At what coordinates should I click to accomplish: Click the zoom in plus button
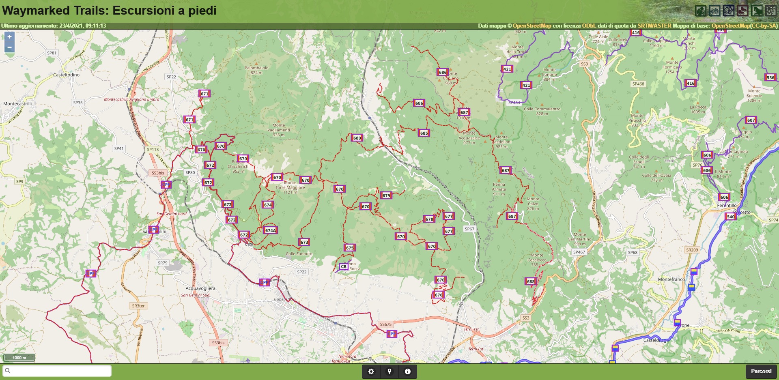pos(9,36)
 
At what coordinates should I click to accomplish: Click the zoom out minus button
pos(9,47)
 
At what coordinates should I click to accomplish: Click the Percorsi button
pos(761,371)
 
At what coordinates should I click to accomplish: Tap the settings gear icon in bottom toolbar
pos(371,371)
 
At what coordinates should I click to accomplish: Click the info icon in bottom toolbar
pos(408,371)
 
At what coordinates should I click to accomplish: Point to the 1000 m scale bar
pos(19,358)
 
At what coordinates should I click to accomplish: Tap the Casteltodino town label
pos(66,75)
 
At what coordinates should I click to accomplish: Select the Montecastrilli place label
pos(17,104)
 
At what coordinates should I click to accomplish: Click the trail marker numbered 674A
pos(270,230)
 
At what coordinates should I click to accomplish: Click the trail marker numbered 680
pos(357,138)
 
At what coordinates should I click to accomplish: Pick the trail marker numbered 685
pos(424,133)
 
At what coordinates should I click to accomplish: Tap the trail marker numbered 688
pos(531,281)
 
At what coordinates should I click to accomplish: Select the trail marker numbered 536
pos(770,77)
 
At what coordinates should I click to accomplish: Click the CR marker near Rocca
pos(344,266)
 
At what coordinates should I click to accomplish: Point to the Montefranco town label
pos(671,279)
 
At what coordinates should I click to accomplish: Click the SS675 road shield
pos(386,324)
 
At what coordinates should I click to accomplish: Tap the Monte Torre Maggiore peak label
pos(290,185)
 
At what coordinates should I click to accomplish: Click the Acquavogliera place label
pos(200,288)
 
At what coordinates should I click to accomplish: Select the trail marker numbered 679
pos(386,195)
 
